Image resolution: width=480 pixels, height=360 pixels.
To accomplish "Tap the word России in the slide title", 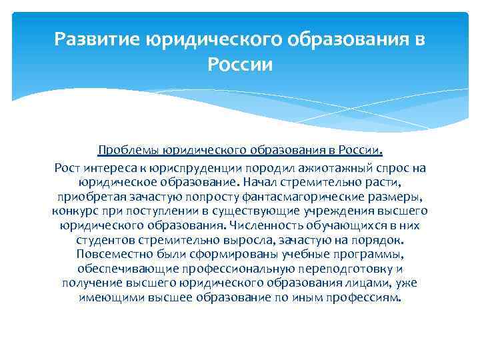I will coord(239,65).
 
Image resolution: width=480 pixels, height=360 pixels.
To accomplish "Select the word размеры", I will coord(399,197).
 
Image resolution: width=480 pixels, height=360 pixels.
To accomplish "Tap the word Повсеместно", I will coord(110,255).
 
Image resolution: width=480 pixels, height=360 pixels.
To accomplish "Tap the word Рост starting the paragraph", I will coord(67,167).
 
